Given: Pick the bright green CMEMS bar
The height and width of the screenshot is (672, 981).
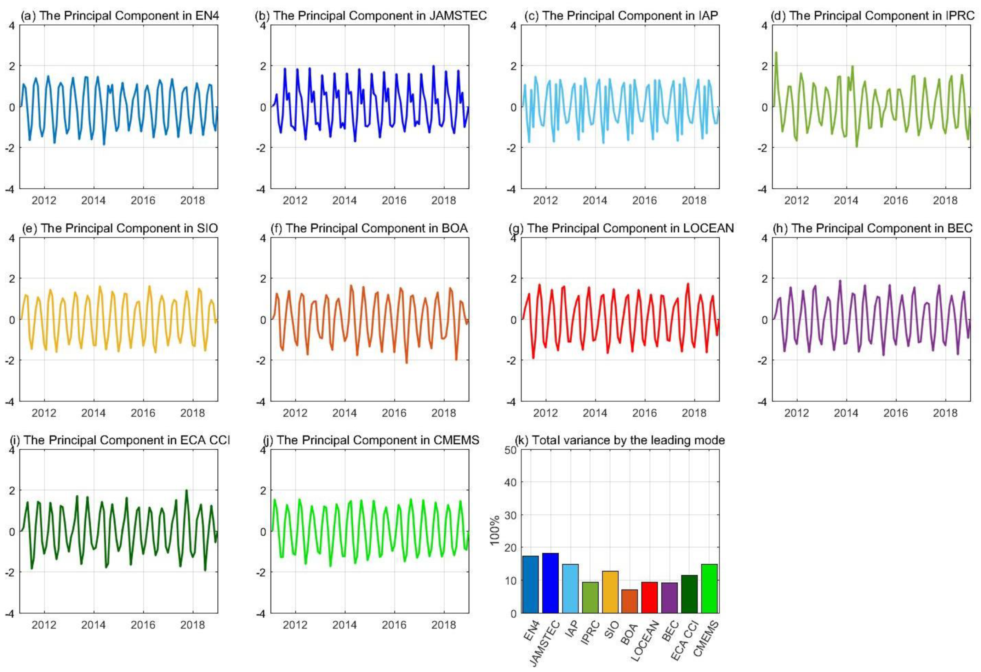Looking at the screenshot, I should point(709,589).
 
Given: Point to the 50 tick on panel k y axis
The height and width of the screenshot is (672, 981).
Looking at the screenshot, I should point(511,450).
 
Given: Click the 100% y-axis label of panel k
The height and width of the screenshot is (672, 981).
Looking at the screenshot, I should point(495,531).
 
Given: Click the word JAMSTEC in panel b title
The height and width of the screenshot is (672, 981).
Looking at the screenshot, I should point(457,16).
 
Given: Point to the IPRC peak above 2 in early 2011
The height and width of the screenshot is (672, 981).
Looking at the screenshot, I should point(776,53).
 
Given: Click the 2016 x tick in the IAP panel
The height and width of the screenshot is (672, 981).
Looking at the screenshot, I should point(644,200).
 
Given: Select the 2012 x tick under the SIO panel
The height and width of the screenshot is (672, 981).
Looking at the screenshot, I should point(44,413).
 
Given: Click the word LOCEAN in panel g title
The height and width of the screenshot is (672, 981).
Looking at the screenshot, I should point(708,228).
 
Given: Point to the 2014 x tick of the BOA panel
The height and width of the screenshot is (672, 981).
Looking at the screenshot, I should point(344,413).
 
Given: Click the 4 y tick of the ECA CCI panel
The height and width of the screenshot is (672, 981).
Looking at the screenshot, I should point(12,450).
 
